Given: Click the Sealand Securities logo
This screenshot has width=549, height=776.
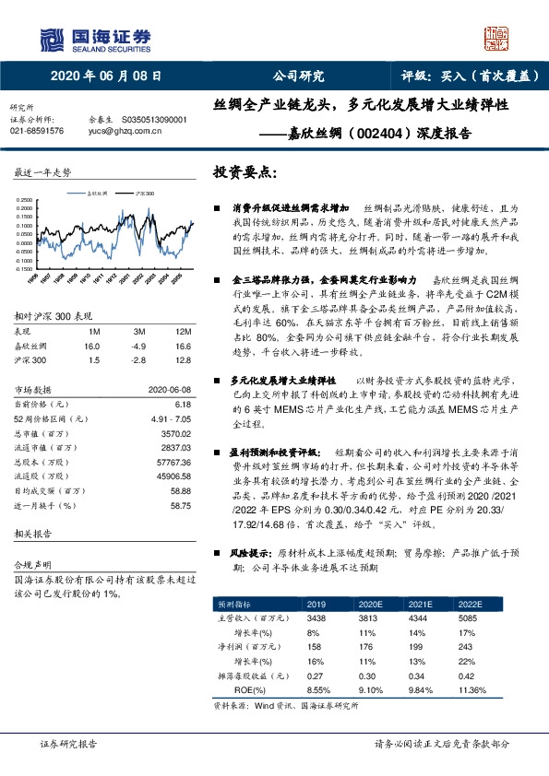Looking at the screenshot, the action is coord(94,39).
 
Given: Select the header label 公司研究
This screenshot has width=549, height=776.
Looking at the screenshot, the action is coord(299,77).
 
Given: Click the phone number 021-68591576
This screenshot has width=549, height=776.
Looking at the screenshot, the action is coord(37,131).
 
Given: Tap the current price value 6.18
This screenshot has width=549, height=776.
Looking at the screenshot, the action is coord(181,404).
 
